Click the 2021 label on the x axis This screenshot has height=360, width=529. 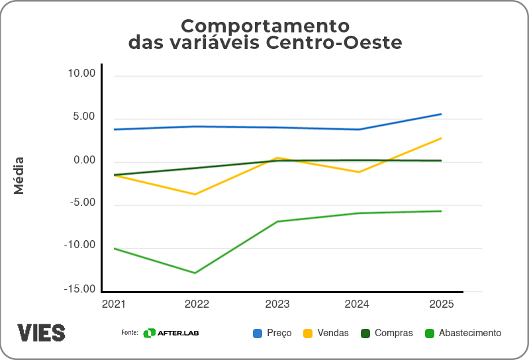(113, 304)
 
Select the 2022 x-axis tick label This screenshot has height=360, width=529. (197, 304)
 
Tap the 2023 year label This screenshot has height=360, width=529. (277, 304)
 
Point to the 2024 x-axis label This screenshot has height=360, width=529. (359, 304)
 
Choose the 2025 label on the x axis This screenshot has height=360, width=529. (441, 304)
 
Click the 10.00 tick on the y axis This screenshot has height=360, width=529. (81, 73)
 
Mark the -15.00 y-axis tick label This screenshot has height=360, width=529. (79, 289)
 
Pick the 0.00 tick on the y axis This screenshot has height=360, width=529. (84, 160)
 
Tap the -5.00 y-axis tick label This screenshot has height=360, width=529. (81, 203)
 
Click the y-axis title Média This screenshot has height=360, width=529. (19, 175)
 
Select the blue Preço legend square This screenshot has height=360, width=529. (258, 333)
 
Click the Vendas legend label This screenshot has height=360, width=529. (333, 333)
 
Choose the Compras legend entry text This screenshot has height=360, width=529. (393, 333)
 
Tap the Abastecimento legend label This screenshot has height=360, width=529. (470, 333)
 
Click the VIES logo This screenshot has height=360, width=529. (41, 332)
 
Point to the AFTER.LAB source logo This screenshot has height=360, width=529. (171, 333)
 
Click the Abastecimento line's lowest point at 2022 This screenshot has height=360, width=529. (195, 273)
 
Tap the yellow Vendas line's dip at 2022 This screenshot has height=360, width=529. (195, 194)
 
